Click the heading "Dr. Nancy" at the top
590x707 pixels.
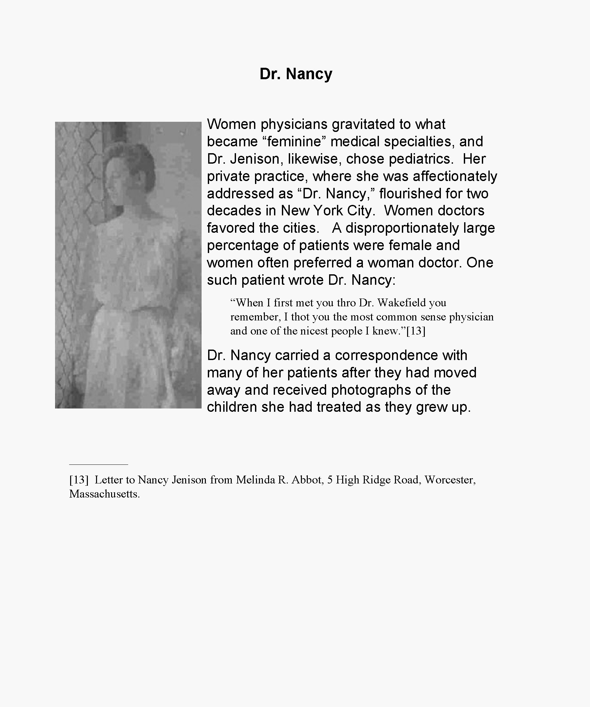(296, 74)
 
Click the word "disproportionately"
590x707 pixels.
(402, 228)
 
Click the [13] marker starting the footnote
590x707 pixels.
(79, 480)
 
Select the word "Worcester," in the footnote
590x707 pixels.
(450, 480)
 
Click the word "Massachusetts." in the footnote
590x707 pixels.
(105, 494)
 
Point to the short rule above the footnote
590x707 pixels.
(98, 464)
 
